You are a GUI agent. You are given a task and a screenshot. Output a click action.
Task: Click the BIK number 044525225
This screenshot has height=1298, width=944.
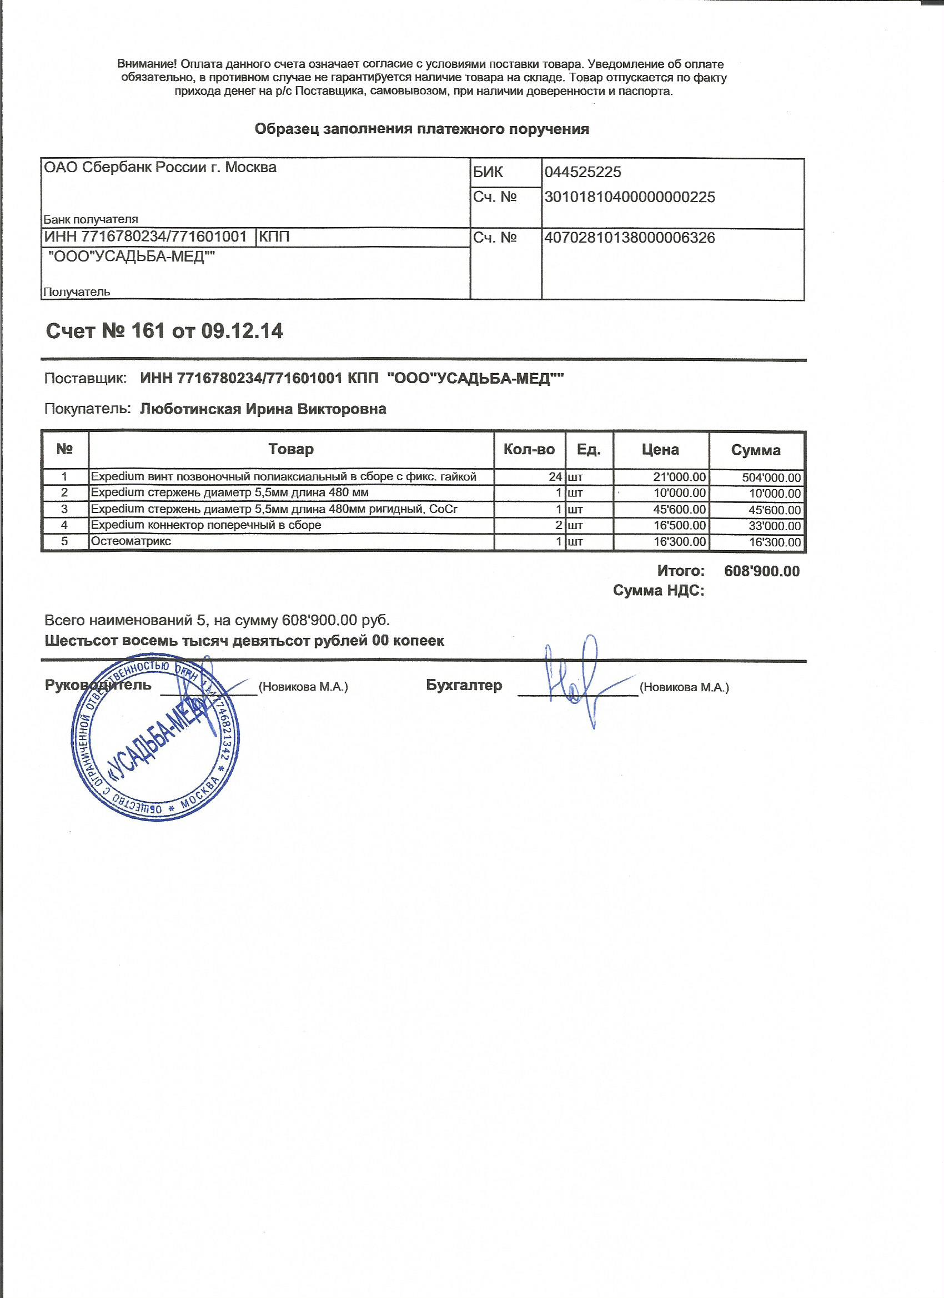[x=582, y=172]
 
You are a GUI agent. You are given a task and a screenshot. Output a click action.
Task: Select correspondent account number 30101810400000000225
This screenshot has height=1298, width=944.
[x=629, y=197]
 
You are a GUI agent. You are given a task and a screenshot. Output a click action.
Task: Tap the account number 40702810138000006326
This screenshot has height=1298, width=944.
[x=629, y=238]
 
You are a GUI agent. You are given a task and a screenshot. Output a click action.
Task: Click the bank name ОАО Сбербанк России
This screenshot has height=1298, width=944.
[x=160, y=167]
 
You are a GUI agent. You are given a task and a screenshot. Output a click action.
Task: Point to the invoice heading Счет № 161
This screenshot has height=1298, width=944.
[x=164, y=331]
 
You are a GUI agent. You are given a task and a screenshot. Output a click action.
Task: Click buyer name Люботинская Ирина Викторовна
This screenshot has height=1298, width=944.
[x=263, y=409]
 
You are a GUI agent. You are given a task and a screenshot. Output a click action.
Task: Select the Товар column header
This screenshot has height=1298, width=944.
[x=291, y=449]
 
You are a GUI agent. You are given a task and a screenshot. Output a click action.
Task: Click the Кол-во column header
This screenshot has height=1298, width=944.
[x=529, y=449]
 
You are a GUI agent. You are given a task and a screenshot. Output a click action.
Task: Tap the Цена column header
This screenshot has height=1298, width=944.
[x=660, y=450]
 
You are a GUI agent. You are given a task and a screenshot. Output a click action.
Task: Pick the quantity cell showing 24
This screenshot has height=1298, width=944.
[x=555, y=477]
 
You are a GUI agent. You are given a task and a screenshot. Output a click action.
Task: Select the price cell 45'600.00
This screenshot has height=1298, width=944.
[x=680, y=509]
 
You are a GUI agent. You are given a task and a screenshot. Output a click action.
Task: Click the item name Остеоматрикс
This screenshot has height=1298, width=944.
[x=131, y=541]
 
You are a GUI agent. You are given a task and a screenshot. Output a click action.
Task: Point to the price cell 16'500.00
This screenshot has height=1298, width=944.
[x=680, y=525]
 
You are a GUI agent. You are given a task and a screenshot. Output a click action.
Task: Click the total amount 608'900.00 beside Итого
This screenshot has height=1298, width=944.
[x=761, y=571]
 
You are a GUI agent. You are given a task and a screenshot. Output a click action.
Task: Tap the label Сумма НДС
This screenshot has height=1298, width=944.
[x=659, y=590]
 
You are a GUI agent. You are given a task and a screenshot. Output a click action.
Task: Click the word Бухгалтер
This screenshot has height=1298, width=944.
[x=464, y=685]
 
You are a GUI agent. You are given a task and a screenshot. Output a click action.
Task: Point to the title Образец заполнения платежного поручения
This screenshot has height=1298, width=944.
[x=421, y=129]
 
